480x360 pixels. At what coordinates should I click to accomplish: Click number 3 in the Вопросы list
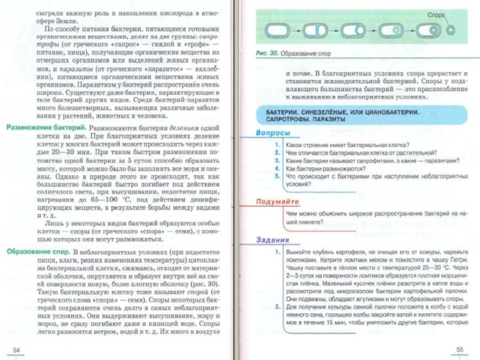(x=277, y=161)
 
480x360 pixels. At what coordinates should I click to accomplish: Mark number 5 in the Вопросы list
(x=277, y=176)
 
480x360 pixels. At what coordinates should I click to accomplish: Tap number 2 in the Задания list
(x=277, y=306)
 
